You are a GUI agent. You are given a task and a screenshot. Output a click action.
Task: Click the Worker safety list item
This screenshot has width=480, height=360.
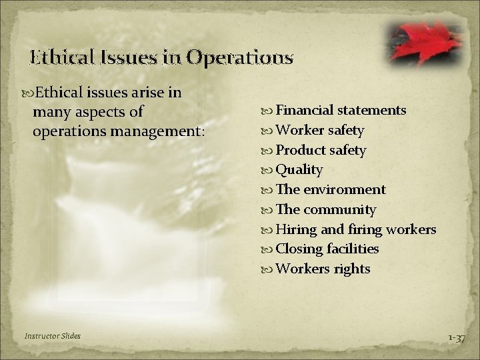[319, 130]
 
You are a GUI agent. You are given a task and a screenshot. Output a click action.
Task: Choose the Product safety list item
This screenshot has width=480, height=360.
[321, 150]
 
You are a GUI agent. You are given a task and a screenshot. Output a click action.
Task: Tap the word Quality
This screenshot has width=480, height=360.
[299, 170]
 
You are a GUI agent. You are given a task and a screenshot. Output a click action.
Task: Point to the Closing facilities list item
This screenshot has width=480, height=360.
[327, 249]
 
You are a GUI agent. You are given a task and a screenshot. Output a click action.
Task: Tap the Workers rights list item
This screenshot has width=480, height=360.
[323, 269]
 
